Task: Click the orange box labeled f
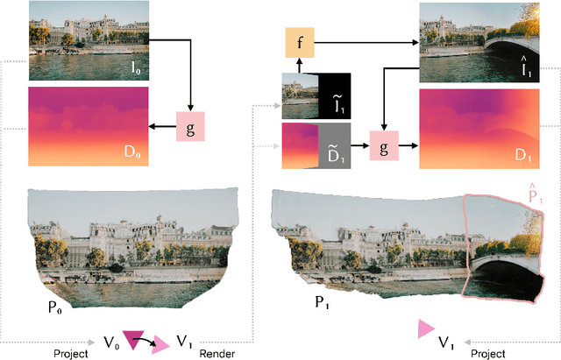coord(299,41)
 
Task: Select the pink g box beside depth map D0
coord(190,126)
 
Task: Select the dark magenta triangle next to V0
coord(136,338)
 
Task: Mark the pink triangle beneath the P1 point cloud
coord(426,328)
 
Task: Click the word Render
coord(218,352)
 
